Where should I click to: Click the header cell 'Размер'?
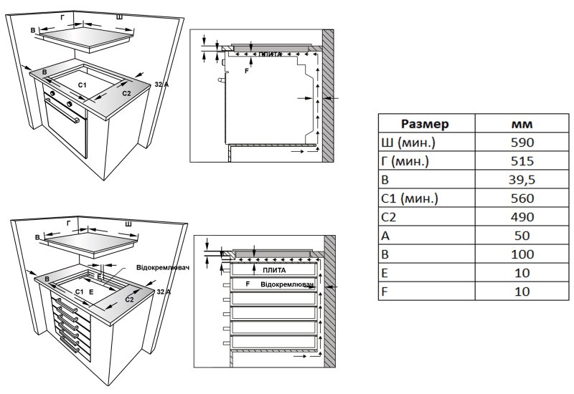(425, 123)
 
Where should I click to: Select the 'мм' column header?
(522, 123)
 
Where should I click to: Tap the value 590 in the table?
(522, 142)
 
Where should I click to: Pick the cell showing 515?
(522, 160)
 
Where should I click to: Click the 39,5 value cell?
(522, 179)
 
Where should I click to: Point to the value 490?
(522, 216)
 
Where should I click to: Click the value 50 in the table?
(522, 235)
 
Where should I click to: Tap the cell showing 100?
(522, 254)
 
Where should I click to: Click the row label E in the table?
(387, 272)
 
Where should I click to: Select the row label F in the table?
(387, 291)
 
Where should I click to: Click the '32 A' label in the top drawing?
(161, 85)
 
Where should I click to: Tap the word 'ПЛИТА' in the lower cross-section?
(274, 271)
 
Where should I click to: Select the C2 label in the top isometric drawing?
(126, 93)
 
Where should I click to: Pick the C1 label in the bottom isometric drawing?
(79, 292)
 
